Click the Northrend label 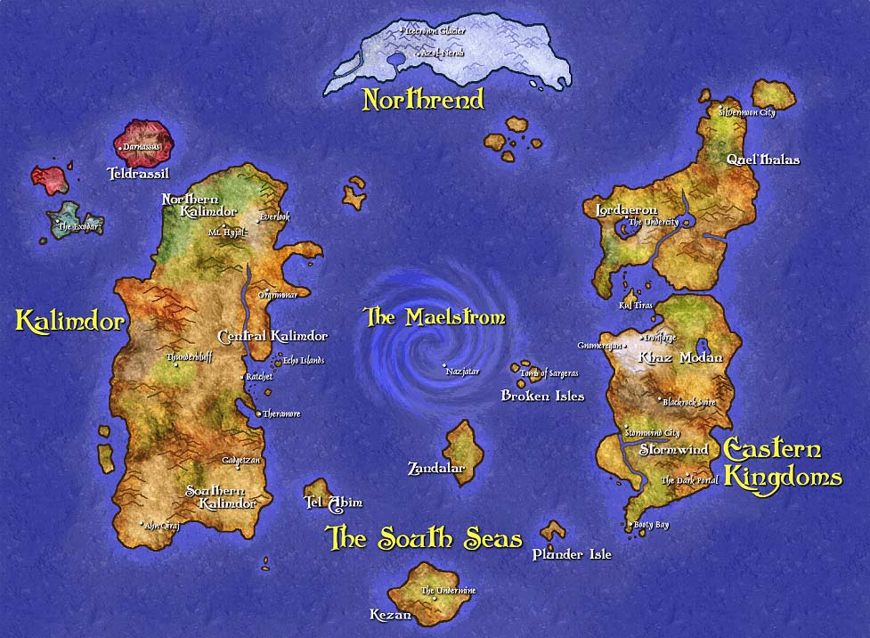coord(423,99)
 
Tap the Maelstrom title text coord(435,317)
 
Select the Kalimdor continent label coord(69,321)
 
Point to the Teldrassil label coord(137,173)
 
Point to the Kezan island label coord(390,615)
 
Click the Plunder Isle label coord(572,554)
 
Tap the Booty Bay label coord(652,525)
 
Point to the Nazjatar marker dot coord(444,366)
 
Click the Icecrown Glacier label coord(435,30)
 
